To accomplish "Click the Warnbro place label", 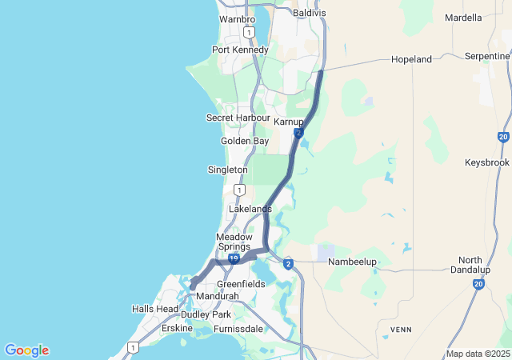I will click(x=237, y=18).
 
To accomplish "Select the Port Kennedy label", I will click(x=240, y=50).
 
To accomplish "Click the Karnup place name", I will click(x=289, y=122).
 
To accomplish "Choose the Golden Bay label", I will click(x=245, y=141).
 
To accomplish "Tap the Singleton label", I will click(x=227, y=170).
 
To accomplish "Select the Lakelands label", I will click(x=250, y=209).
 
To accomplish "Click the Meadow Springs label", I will click(x=234, y=242).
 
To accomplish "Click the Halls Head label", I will click(x=155, y=309).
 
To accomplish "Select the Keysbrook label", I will click(x=486, y=162).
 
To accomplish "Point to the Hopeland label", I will click(x=411, y=59).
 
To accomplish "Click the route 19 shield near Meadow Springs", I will click(x=233, y=259).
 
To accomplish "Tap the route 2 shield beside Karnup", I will click(x=298, y=133).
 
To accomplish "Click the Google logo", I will click(x=26, y=350).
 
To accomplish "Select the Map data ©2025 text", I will click(x=478, y=354).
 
